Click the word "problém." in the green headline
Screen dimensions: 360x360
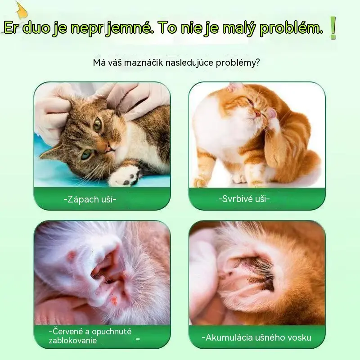coord(291,28)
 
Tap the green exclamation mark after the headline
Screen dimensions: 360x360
coord(333,28)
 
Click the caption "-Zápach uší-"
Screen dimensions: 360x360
coord(90,199)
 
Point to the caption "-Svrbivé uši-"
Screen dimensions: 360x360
coord(244,198)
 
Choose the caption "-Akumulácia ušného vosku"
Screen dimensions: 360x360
coord(256,337)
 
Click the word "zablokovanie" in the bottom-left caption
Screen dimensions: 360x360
coord(72,340)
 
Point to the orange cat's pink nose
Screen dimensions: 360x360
coord(258,113)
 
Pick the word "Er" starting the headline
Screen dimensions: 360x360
coord(11,28)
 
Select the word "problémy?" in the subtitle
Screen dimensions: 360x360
coord(238,63)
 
